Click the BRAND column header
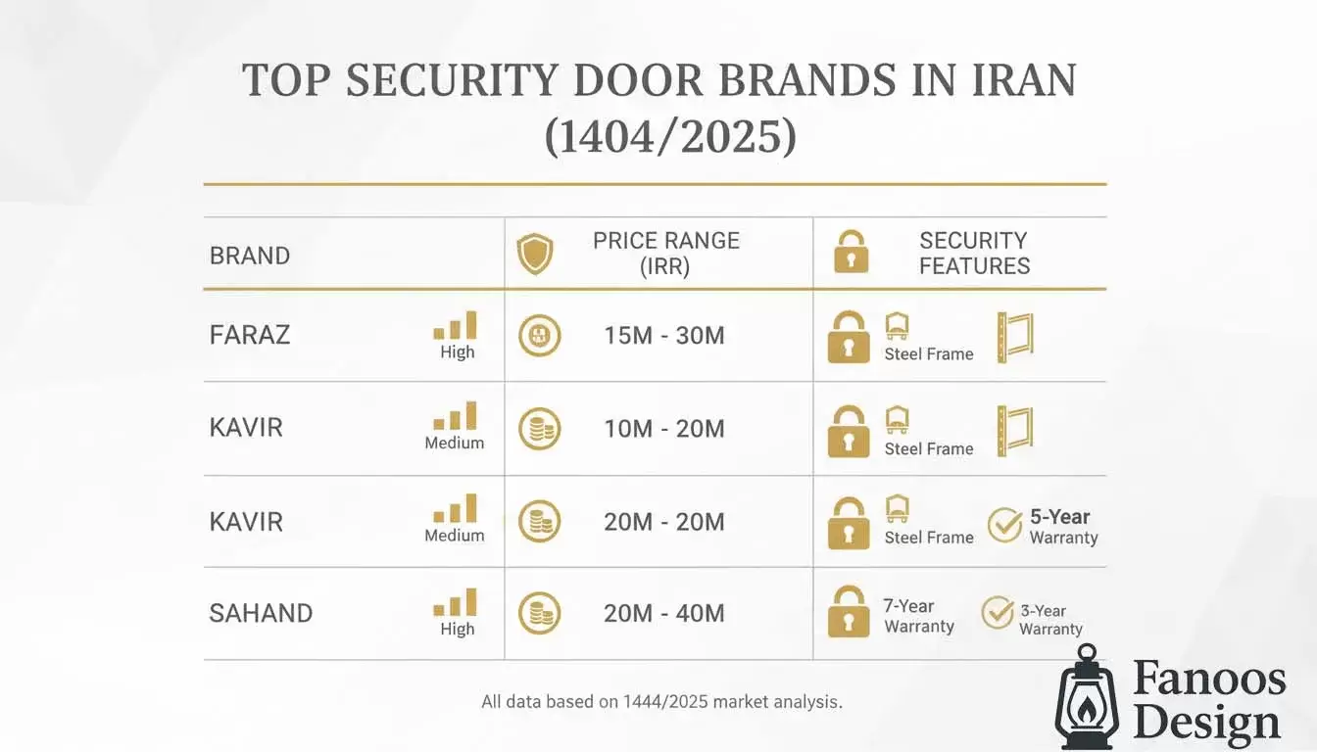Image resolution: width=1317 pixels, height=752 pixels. pyautogui.click(x=250, y=257)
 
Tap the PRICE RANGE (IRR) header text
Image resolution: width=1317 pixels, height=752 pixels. pyautogui.click(x=665, y=254)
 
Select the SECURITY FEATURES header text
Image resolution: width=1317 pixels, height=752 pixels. pyautogui.click(x=974, y=254)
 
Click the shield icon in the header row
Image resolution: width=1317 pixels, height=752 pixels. pyautogui.click(x=535, y=254)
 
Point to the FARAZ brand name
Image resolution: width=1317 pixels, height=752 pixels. pyautogui.click(x=250, y=335)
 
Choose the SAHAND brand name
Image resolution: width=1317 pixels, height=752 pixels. pyautogui.click(x=261, y=614)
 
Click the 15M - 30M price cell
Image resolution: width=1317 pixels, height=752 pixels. pyautogui.click(x=664, y=336)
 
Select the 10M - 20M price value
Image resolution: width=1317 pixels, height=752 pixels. pyautogui.click(x=664, y=429)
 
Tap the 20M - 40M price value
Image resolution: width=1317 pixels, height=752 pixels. pyautogui.click(x=664, y=614)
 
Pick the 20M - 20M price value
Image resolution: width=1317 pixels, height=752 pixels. pyautogui.click(x=664, y=522)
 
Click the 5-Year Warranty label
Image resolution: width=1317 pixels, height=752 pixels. pyautogui.click(x=1062, y=527)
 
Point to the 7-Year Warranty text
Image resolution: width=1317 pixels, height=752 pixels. pyautogui.click(x=918, y=616)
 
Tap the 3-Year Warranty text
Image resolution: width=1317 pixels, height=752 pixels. pyautogui.click(x=1050, y=620)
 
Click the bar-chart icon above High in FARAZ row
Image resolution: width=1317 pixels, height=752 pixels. pyautogui.click(x=456, y=325)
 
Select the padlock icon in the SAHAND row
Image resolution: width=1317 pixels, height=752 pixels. pyautogui.click(x=849, y=612)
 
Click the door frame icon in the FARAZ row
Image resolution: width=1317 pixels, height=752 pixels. pyautogui.click(x=1015, y=338)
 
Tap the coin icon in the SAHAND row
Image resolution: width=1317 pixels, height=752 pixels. pyautogui.click(x=539, y=614)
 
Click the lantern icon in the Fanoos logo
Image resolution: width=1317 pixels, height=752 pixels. pyautogui.click(x=1086, y=696)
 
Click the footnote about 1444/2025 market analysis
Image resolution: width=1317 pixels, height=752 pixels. pyautogui.click(x=661, y=702)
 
